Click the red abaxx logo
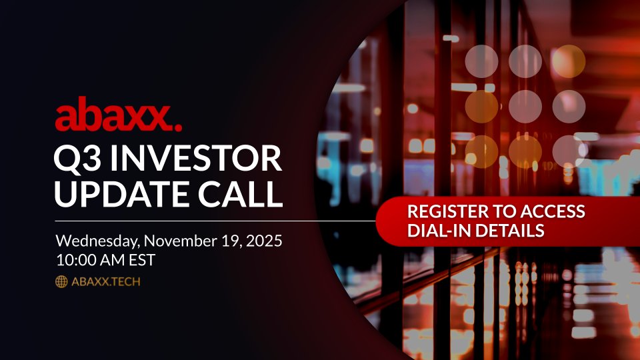point(117,118)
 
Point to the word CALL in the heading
point(245,193)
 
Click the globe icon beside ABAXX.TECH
point(61,282)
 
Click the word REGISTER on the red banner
point(446,213)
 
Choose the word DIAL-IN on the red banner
point(434,231)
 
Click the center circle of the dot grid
point(525,106)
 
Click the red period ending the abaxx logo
point(178,127)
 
